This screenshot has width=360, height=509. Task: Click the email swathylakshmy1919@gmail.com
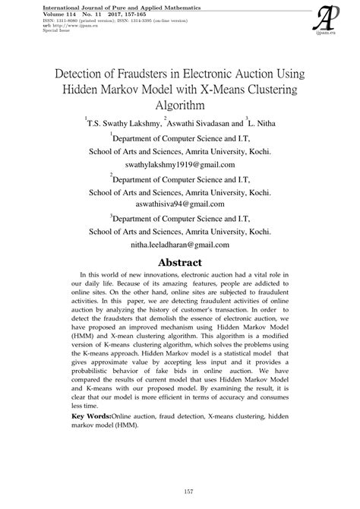179,164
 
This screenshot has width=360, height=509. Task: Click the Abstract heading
179,263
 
